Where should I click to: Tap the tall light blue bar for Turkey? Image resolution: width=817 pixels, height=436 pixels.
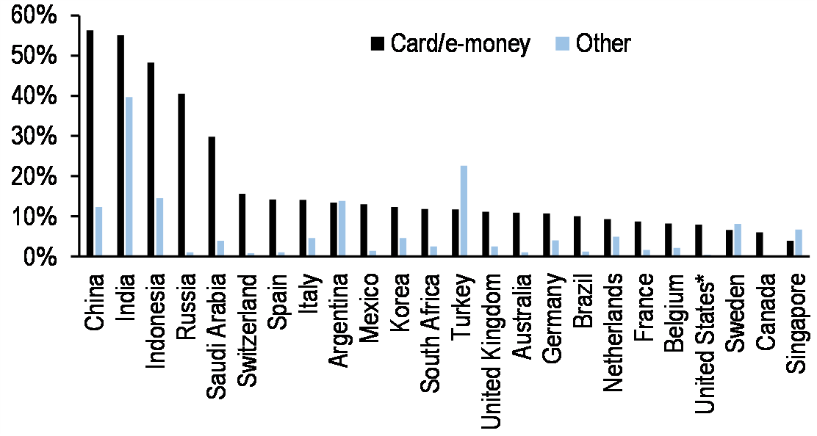click(464, 211)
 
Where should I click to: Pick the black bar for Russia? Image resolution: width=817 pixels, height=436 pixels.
click(181, 175)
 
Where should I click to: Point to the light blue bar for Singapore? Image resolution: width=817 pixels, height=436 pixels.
click(799, 243)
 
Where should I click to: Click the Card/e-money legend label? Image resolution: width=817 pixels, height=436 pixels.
click(460, 43)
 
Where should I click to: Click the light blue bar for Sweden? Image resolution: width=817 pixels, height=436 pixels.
click(738, 240)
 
